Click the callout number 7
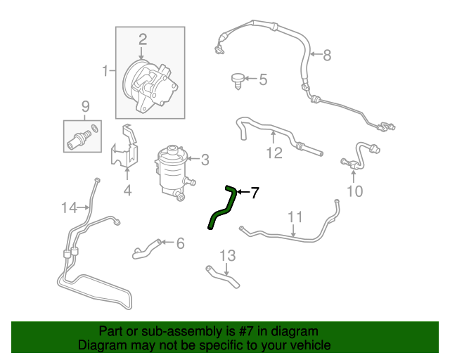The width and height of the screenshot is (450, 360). tap(255, 193)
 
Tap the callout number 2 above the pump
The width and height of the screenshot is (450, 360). tap(143, 39)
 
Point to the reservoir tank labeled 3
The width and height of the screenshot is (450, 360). tap(173, 172)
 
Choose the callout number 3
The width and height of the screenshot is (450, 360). tap(205, 160)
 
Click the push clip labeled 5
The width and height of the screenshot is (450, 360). tap(238, 82)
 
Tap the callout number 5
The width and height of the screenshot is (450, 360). tap(263, 79)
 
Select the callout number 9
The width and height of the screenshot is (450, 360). tap(86, 106)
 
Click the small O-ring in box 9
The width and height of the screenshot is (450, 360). tap(94, 129)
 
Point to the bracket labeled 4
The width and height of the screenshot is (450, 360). tap(125, 146)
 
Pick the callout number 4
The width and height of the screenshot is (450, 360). tap(128, 191)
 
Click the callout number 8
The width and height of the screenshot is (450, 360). tap(327, 55)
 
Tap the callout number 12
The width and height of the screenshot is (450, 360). tap(274, 153)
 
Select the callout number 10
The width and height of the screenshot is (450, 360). tap(355, 191)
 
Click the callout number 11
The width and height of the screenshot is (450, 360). tap(295, 217)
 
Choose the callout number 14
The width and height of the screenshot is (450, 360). tap(70, 207)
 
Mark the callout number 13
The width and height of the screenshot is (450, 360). tap(228, 255)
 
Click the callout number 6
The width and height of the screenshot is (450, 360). tap(180, 243)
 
